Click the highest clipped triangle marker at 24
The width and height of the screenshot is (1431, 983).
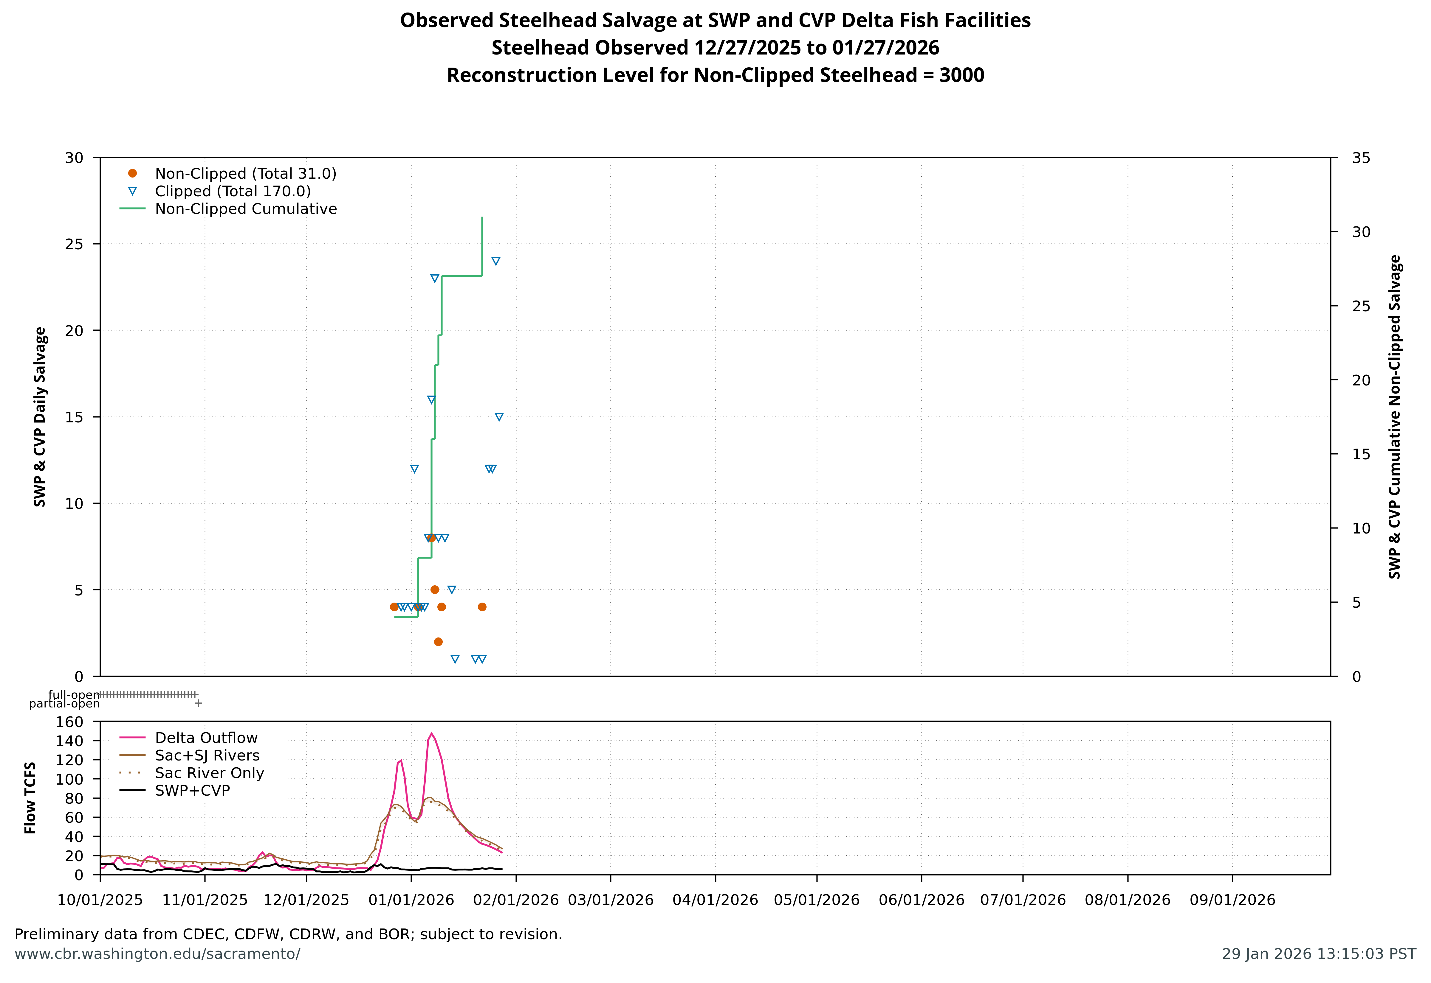click(495, 261)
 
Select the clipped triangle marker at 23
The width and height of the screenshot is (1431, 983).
click(434, 279)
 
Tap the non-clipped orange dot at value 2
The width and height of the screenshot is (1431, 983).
click(438, 642)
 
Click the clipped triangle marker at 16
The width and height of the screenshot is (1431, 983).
click(431, 400)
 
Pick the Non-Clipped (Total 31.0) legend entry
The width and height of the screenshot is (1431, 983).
click(245, 174)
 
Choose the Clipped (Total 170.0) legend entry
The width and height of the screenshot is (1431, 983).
click(232, 192)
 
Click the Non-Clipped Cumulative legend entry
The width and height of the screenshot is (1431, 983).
click(245, 209)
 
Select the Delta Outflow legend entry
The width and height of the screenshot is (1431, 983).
click(206, 738)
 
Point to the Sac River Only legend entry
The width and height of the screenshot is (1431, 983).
click(209, 773)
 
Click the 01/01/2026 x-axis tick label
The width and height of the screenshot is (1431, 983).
click(411, 900)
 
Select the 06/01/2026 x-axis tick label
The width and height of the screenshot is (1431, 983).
click(921, 900)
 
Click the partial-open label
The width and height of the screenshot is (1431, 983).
click(64, 704)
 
